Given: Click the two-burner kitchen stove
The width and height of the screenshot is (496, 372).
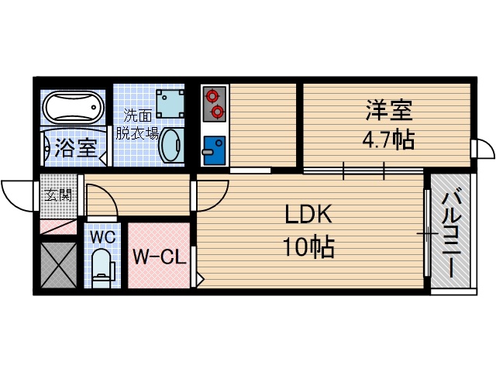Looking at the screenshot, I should coord(213,105).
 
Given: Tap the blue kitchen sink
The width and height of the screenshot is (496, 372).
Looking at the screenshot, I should coord(213,147).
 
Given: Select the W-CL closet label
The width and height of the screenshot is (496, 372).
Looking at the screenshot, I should coord(159,257).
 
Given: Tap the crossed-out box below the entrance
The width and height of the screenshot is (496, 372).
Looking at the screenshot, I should coord(58,264).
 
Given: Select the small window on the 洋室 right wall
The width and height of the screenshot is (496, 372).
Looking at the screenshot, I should coord(481,148).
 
